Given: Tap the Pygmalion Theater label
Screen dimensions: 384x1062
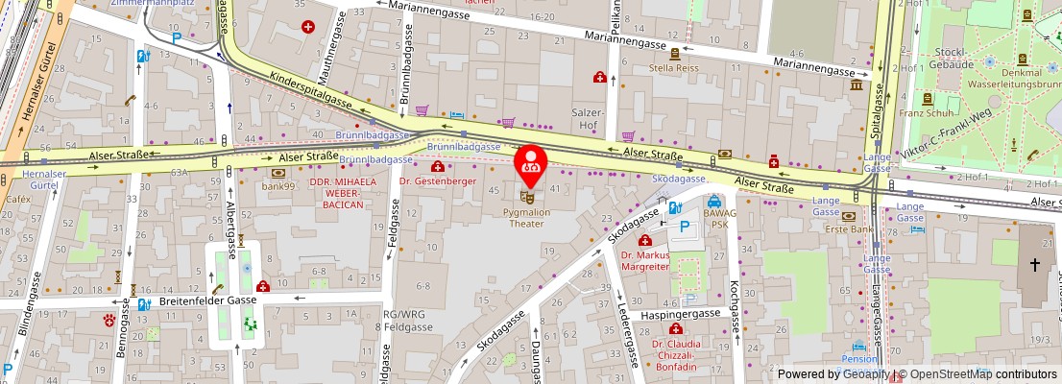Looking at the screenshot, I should [x=537, y=217].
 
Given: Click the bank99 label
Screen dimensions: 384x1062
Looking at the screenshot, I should [x=278, y=184].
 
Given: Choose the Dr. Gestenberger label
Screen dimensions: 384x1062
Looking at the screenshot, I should [x=438, y=180].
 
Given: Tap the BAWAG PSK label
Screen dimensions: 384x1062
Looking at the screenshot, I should [x=714, y=219].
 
